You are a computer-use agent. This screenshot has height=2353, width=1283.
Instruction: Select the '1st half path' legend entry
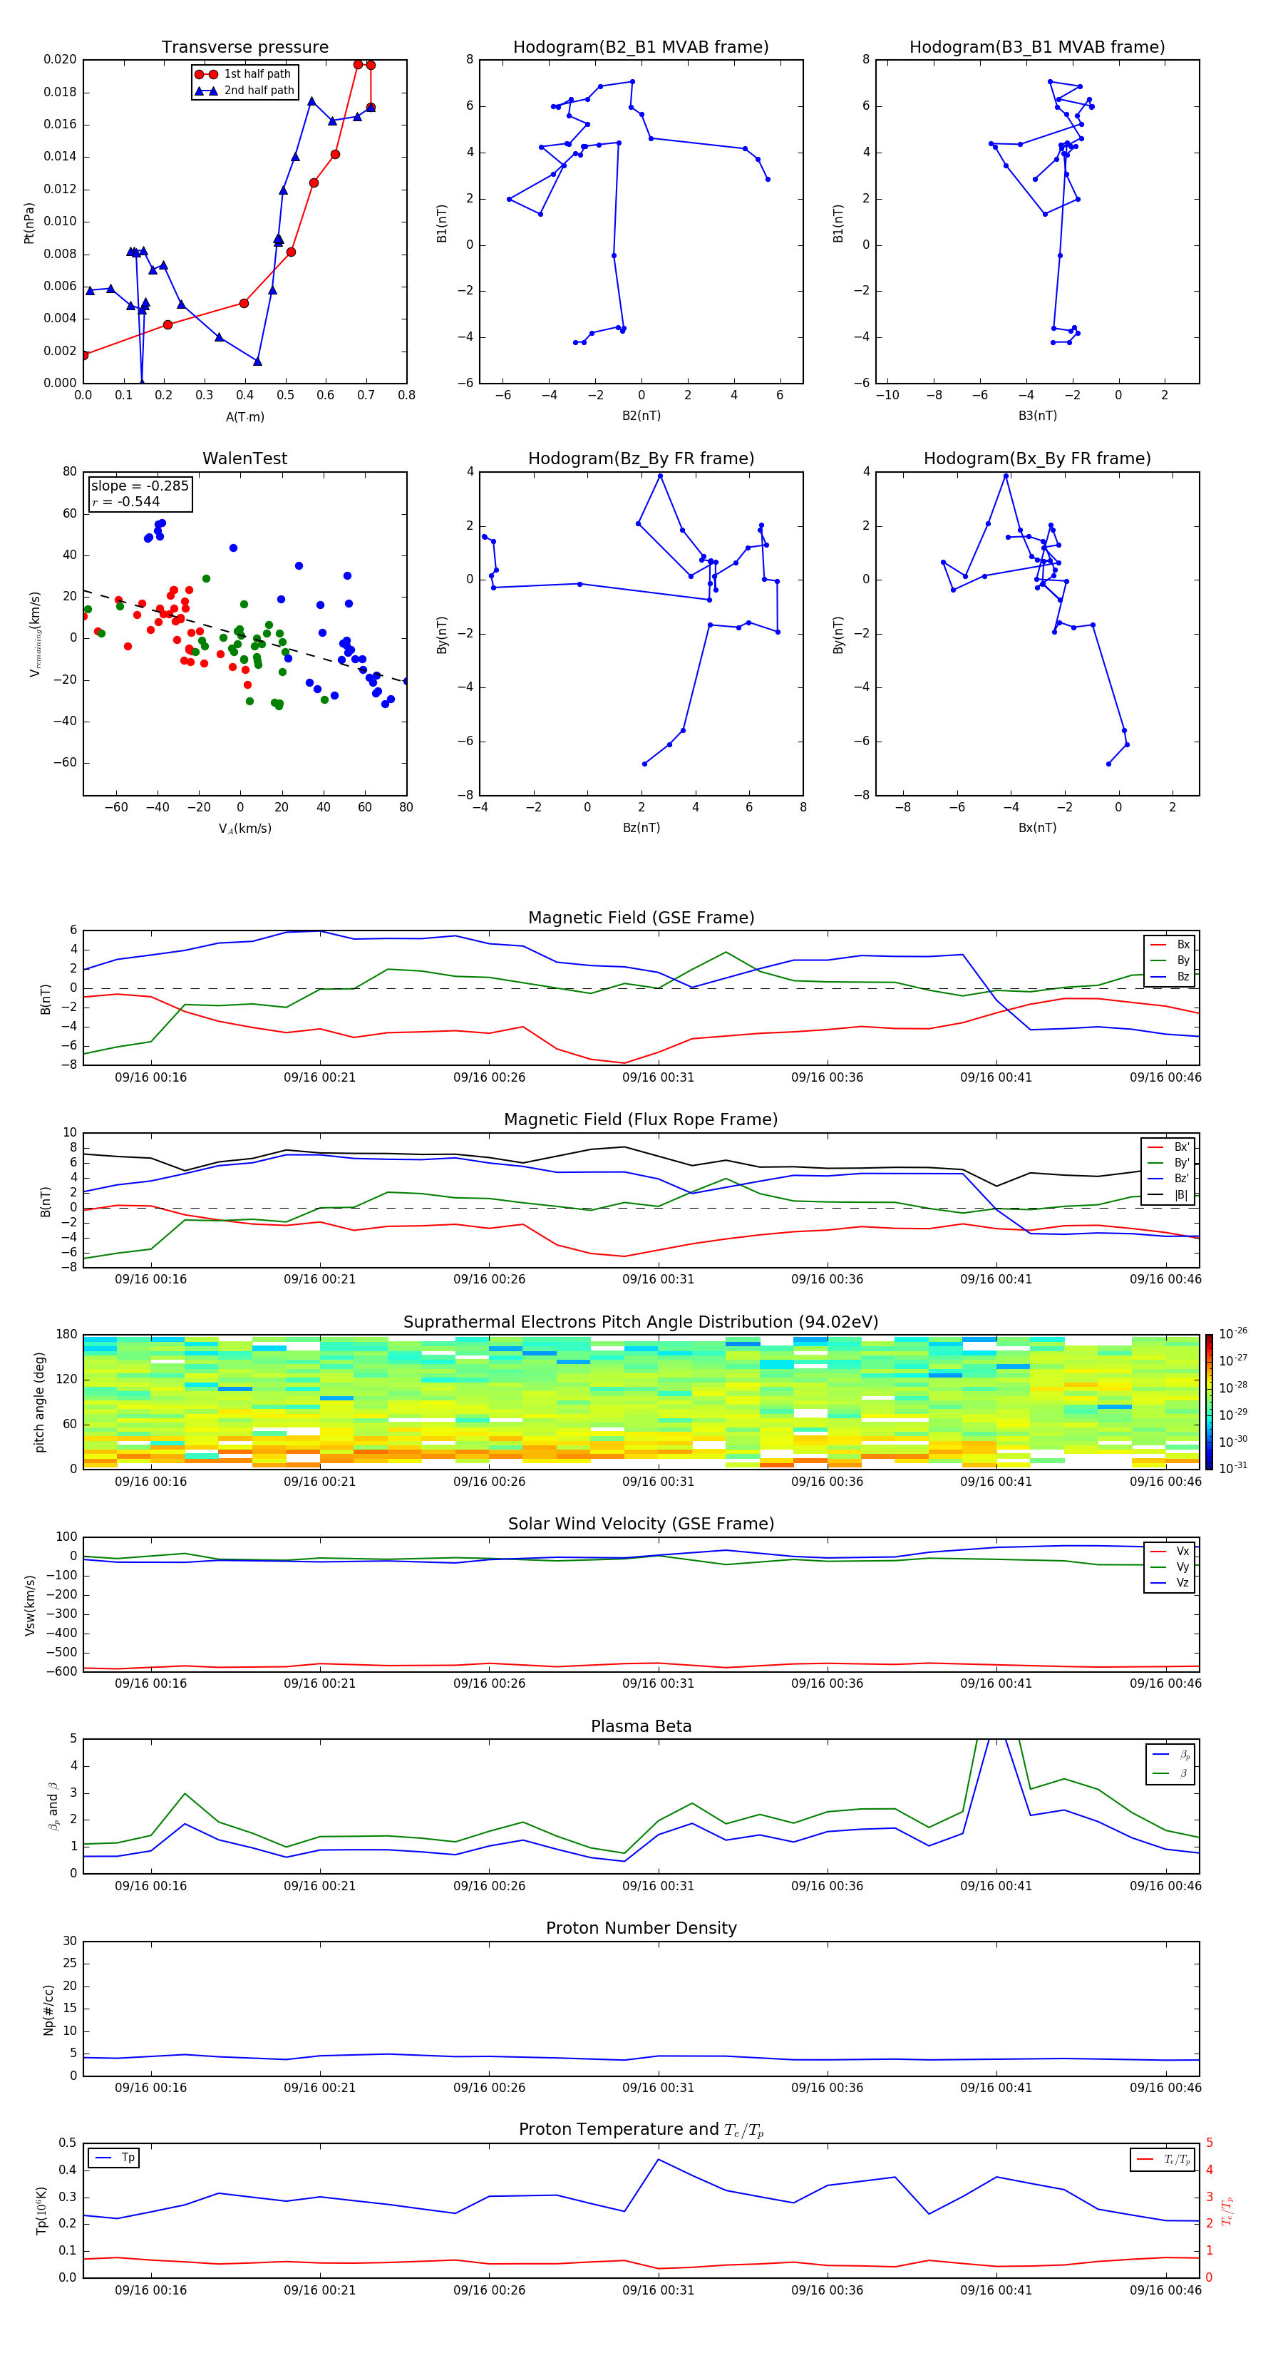point(257,74)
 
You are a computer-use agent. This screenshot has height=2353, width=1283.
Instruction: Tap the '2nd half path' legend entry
point(259,91)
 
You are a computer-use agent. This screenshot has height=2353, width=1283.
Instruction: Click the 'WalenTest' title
point(244,458)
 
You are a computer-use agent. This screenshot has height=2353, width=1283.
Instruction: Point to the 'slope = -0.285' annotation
point(140,486)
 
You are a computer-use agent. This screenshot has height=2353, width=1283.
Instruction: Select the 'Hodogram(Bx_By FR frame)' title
point(1036,458)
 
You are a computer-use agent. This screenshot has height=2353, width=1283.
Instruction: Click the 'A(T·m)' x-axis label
point(244,417)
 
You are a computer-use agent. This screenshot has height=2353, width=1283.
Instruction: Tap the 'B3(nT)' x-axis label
point(1037,416)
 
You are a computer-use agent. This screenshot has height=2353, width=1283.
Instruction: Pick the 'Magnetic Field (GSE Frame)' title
point(640,918)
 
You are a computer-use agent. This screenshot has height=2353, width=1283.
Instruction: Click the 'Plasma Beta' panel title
point(640,1726)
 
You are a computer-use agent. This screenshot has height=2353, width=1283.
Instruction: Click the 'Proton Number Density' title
point(640,1928)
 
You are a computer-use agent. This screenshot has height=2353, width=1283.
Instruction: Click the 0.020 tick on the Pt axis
point(61,61)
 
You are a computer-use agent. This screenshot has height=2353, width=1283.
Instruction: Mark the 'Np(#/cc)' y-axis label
point(49,2009)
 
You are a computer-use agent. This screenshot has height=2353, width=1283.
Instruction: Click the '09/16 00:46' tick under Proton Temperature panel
point(1165,2290)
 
